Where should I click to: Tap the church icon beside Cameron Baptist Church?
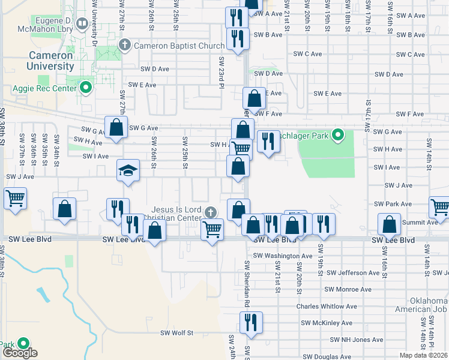pyautogui.click(x=125, y=44)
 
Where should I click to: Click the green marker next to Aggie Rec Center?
pyautogui.click(x=85, y=88)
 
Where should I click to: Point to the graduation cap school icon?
pyautogui.click(x=128, y=171)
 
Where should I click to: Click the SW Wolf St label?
pyautogui.click(x=176, y=332)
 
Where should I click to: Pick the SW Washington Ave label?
pyautogui.click(x=283, y=256)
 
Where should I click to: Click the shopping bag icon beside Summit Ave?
pyautogui.click(x=389, y=224)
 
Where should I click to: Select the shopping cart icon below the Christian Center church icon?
pyautogui.click(x=212, y=229)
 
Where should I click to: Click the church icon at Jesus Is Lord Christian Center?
pyautogui.click(x=210, y=212)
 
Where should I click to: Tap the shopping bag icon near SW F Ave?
pyautogui.click(x=254, y=98)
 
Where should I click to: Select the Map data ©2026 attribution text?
pyautogui.click(x=424, y=355)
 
